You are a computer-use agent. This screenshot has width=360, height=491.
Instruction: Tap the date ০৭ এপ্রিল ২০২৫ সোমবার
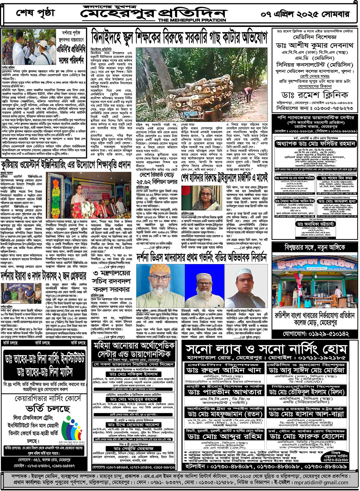tap(305, 14)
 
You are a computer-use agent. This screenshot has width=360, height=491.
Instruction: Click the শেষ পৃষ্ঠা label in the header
tap(35, 13)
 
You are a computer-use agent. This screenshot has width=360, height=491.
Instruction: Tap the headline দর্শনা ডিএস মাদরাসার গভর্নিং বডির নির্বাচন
tap(202, 258)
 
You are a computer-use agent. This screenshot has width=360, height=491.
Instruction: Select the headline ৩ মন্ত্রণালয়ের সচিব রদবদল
tap(112, 281)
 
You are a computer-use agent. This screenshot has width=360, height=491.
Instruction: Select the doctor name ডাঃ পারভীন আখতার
tap(224, 392)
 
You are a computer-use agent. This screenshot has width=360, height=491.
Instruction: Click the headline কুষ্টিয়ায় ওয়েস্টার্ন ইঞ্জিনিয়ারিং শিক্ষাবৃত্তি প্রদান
tap(66, 165)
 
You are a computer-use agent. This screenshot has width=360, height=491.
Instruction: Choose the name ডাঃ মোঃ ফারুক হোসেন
tap(306, 436)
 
